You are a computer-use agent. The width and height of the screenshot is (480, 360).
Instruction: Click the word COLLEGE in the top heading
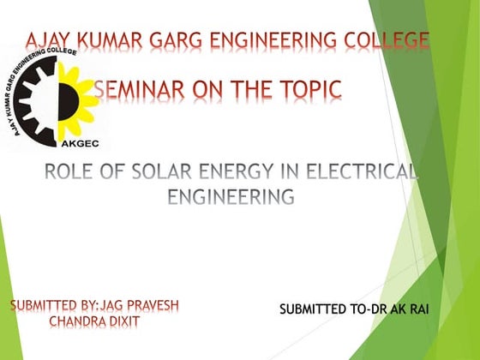click(x=386, y=39)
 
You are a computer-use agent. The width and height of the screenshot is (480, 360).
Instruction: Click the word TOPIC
click(x=309, y=89)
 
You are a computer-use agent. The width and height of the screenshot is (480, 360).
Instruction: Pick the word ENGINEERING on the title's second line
click(x=231, y=198)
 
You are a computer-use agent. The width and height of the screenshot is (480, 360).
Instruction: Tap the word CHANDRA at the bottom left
click(x=81, y=322)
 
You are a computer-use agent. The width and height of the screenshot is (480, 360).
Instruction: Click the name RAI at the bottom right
click(x=416, y=308)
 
